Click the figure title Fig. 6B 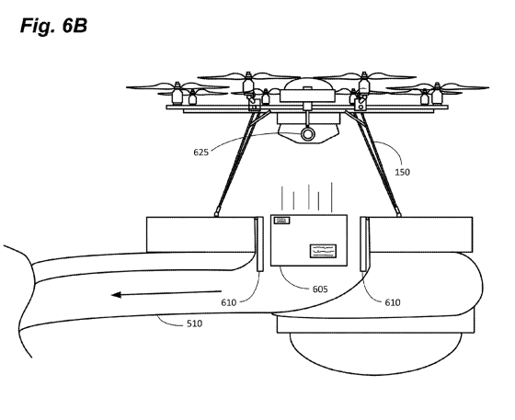[53, 26]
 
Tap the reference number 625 [200, 153]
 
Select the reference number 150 [402, 172]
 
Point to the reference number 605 [320, 289]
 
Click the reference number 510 [194, 324]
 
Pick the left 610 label [229, 302]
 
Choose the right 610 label [393, 302]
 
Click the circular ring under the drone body [308, 134]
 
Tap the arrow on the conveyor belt [166, 293]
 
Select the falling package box [309, 240]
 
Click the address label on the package [323, 251]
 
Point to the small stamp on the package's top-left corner [282, 221]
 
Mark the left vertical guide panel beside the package [259, 244]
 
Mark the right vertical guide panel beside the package [364, 244]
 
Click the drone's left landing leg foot [216, 213]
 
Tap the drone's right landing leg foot [398, 213]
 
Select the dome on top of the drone [307, 85]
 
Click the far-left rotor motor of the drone [177, 93]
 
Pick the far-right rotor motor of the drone [437, 94]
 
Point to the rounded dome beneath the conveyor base [376, 354]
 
